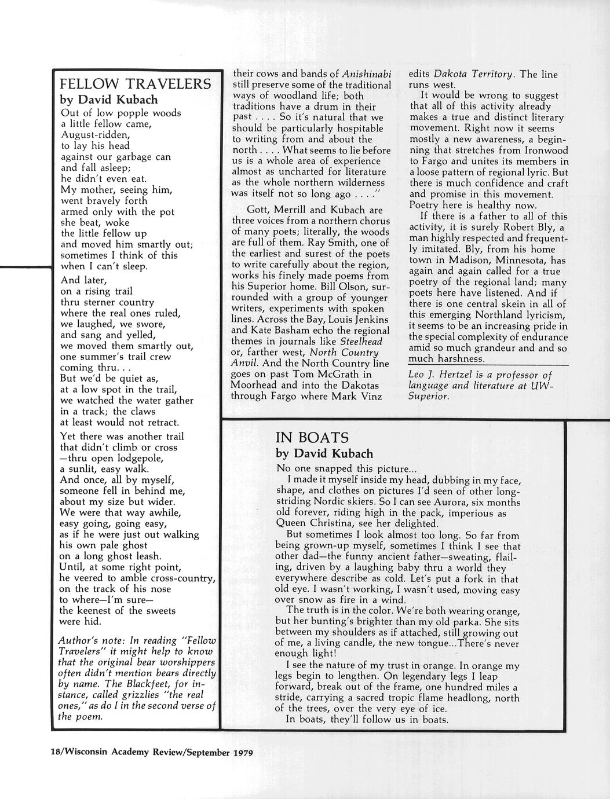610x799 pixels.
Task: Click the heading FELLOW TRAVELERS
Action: point(136,84)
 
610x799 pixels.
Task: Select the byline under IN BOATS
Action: point(324,453)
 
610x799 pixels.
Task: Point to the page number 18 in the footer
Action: point(56,754)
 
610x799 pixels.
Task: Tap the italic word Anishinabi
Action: point(367,74)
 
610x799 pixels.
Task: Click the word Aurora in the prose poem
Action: point(444,502)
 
